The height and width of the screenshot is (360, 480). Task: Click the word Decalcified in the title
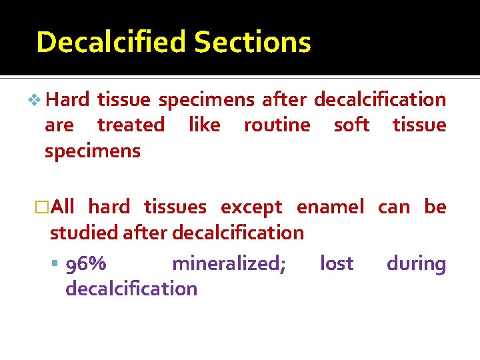click(112, 42)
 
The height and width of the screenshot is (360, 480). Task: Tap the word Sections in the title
click(253, 42)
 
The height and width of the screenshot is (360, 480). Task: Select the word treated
click(131, 125)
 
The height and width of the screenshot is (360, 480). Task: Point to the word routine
click(277, 125)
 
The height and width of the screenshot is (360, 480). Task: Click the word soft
click(351, 125)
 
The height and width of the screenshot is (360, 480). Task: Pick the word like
click(204, 125)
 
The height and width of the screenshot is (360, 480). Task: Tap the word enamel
click(330, 207)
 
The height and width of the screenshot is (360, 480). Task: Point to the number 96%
click(85, 264)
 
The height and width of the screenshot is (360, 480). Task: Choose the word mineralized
click(229, 264)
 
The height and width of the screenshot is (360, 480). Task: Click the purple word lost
click(337, 264)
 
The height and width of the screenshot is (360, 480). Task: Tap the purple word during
click(416, 264)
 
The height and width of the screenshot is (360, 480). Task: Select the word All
click(62, 207)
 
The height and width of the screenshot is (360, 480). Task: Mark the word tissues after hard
click(175, 207)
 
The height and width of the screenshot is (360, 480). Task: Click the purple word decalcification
click(131, 289)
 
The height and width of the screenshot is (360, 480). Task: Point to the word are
click(59, 125)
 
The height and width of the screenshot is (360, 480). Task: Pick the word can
click(394, 207)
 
